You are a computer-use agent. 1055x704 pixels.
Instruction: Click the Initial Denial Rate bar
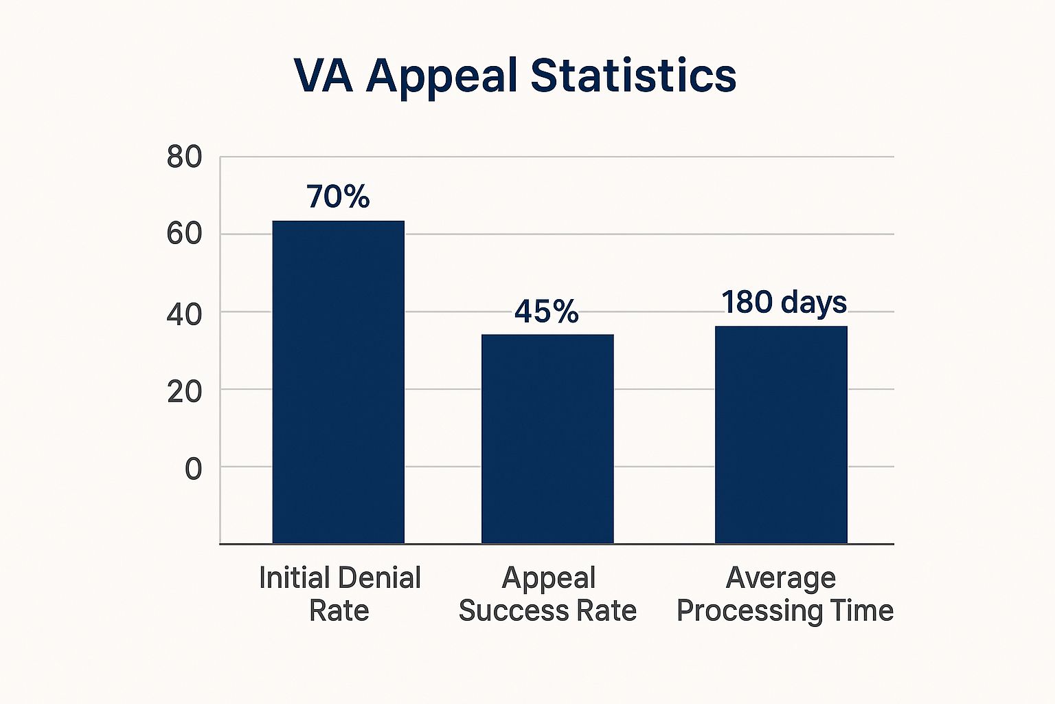click(338, 382)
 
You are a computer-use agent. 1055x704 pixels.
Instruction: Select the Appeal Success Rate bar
click(547, 439)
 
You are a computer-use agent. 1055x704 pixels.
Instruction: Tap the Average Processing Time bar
click(781, 434)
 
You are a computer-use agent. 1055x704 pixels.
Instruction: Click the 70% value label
click(338, 197)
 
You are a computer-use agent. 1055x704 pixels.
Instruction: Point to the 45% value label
click(547, 311)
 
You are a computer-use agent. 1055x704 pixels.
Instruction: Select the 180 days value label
click(784, 302)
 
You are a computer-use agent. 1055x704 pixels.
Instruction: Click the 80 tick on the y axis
click(185, 157)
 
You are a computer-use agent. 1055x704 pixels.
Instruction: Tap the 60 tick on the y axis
click(185, 234)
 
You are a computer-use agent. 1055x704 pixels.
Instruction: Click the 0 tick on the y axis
click(194, 470)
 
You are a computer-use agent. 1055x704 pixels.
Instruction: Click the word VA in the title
click(323, 75)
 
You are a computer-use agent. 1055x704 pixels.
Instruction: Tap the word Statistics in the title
click(633, 75)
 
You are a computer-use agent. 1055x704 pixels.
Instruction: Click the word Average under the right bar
click(781, 578)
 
